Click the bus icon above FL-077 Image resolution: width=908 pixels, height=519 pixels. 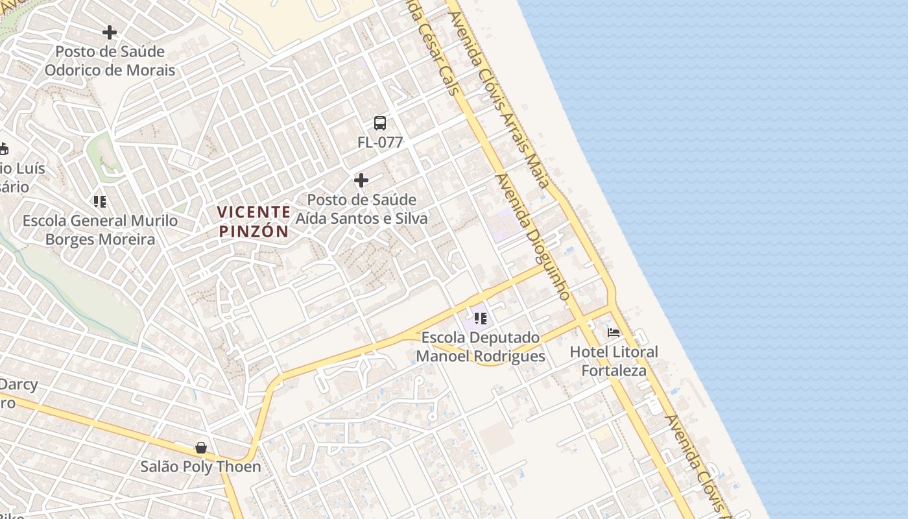pyautogui.click(x=380, y=123)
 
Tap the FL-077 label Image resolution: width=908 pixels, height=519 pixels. pyautogui.click(x=380, y=143)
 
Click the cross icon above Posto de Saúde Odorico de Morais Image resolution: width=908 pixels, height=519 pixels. pyautogui.click(x=110, y=32)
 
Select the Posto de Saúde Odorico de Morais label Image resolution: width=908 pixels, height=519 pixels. pyautogui.click(x=110, y=61)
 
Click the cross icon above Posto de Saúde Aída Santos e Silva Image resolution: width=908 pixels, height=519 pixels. pyautogui.click(x=361, y=180)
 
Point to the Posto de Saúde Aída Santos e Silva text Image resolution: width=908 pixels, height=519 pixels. pyautogui.click(x=362, y=209)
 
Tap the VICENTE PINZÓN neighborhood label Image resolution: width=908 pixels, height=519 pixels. pyautogui.click(x=254, y=221)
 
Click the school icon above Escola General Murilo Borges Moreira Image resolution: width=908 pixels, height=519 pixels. pyautogui.click(x=99, y=202)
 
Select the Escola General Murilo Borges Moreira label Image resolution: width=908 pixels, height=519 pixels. pyautogui.click(x=100, y=230)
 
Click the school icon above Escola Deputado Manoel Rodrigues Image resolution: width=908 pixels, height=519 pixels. pyautogui.click(x=480, y=319)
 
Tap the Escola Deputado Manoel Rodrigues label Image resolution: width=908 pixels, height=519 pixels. pyautogui.click(x=481, y=347)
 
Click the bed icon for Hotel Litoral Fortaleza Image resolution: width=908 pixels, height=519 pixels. pyautogui.click(x=613, y=333)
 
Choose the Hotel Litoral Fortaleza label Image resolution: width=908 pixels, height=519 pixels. pyautogui.click(x=614, y=361)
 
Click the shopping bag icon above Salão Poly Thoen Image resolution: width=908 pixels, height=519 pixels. pyautogui.click(x=201, y=448)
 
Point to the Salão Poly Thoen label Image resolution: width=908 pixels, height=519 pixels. pyautogui.click(x=201, y=466)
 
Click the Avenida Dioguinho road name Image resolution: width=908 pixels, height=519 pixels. pyautogui.click(x=532, y=237)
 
